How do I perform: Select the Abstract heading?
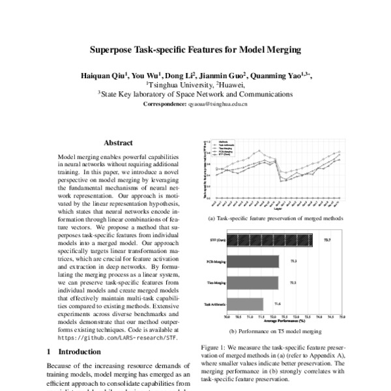tap(118, 143)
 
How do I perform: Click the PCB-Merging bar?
tap(252, 261)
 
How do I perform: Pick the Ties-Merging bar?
tap(252, 282)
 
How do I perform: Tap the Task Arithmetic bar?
tap(244, 303)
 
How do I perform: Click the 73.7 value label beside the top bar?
tap(328, 240)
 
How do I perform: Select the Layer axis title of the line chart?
tap(279, 209)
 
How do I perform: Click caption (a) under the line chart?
tap(274, 218)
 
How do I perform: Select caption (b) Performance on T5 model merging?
tap(274, 332)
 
